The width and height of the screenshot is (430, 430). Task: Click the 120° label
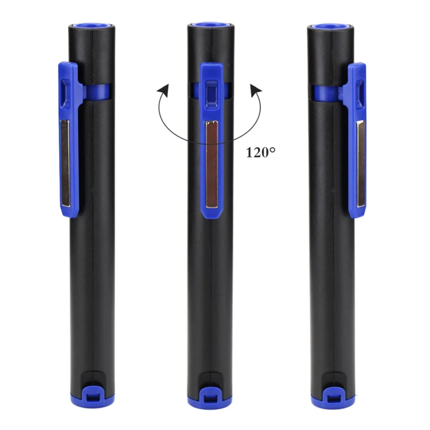click(x=260, y=153)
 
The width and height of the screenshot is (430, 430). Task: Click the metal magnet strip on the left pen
click(x=66, y=163)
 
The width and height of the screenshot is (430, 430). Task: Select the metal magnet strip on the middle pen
click(x=212, y=164)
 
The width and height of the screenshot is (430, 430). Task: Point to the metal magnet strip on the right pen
click(x=360, y=164)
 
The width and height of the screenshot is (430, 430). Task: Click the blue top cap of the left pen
click(x=92, y=26)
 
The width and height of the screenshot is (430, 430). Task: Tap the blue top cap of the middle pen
click(x=211, y=25)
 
